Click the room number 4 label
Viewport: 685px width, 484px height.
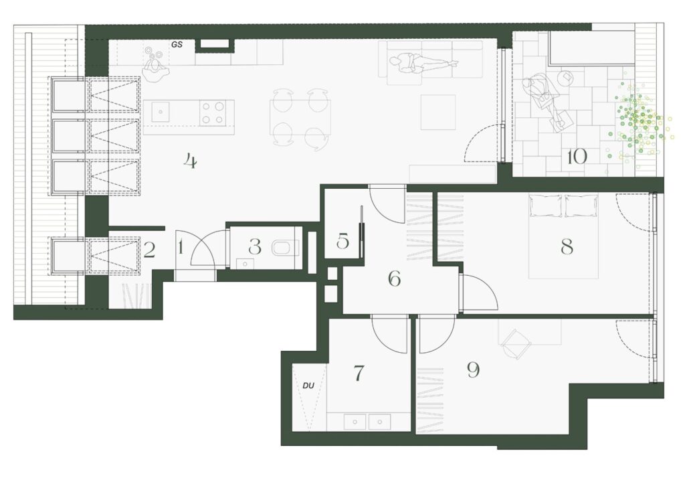click(191, 161)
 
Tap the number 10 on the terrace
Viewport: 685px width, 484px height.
click(576, 157)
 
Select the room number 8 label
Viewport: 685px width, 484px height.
click(567, 247)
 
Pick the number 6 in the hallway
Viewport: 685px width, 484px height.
click(394, 278)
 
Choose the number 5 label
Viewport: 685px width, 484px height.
click(343, 241)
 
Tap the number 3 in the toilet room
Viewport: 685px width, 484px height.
click(254, 247)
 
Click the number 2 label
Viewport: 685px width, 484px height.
click(149, 250)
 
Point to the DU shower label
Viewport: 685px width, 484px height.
click(308, 386)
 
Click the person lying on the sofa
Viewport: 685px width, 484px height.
click(424, 64)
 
